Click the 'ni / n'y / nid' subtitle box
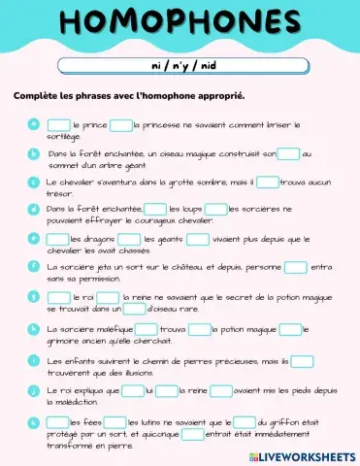[180, 64]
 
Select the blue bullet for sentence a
[33, 124]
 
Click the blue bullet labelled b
[33, 152]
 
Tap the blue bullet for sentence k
[33, 422]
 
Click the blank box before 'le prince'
[58, 125]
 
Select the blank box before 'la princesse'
[120, 125]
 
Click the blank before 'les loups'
[154, 209]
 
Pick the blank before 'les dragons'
[57, 238]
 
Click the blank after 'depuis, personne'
[296, 266]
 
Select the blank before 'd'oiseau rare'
[134, 309]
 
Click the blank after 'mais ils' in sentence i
[302, 361]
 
